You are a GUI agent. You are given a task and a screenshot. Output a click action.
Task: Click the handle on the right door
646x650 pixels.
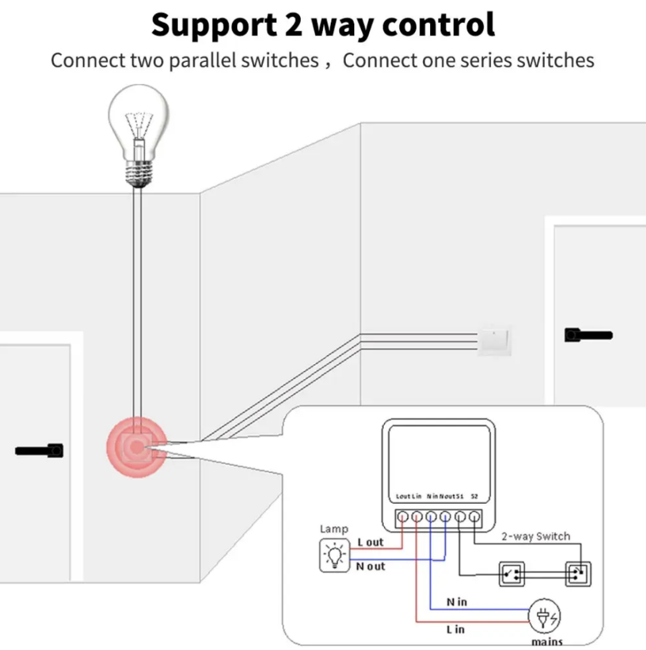(587, 335)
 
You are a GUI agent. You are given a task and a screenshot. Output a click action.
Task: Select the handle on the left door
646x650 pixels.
(40, 450)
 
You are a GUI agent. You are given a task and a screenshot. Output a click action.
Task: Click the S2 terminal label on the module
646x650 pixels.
(474, 497)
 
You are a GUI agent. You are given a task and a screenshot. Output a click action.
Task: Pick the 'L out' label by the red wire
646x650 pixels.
(370, 542)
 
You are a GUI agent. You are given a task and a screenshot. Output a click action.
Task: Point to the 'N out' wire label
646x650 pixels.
(371, 566)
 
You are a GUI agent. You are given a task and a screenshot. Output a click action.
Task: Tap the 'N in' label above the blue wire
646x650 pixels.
(457, 601)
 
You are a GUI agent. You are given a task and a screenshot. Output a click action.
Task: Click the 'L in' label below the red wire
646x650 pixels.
(455, 630)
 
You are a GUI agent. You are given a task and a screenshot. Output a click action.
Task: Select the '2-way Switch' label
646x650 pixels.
(536, 536)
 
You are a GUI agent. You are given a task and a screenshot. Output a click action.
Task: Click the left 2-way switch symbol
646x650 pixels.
(511, 575)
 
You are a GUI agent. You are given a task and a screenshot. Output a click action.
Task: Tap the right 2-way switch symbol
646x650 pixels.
(578, 575)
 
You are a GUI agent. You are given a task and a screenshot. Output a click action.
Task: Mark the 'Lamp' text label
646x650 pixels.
(334, 529)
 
